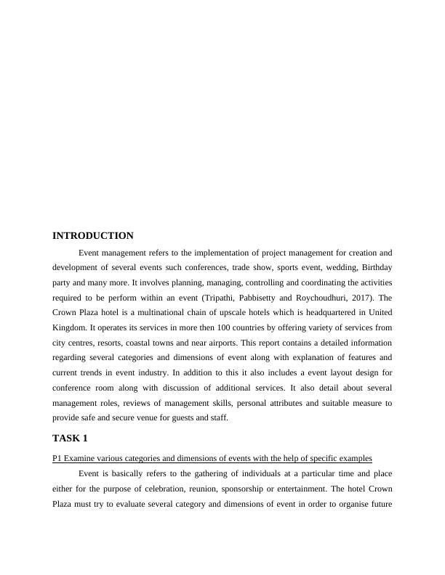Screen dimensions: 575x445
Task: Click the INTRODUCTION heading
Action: (x=93, y=236)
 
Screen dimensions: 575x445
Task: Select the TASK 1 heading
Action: (x=70, y=439)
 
